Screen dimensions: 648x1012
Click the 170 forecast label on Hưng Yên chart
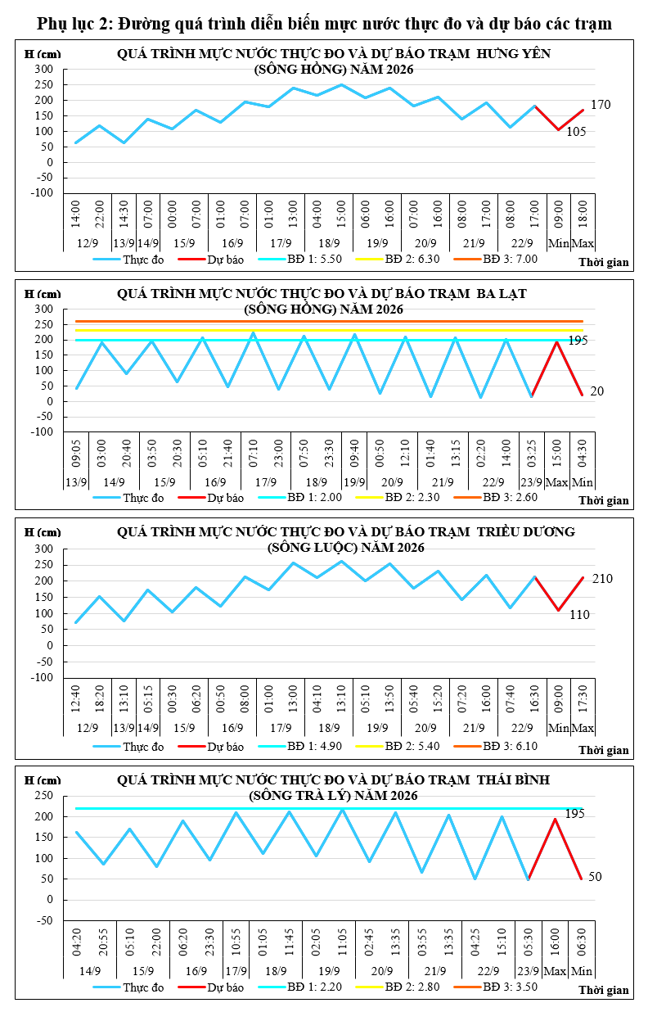[601, 105]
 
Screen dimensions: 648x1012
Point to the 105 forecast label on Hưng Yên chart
[576, 132]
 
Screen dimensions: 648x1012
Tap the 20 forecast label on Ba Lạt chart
[597, 391]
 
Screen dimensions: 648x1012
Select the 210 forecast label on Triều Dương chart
[602, 579]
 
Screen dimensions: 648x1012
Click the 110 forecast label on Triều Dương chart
[579, 614]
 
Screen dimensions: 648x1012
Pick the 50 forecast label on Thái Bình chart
[595, 876]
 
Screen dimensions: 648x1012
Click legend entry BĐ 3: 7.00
[496, 259]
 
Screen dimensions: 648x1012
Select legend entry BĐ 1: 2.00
[300, 498]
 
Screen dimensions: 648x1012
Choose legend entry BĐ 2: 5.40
[398, 746]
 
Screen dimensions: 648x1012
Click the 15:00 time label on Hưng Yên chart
[341, 215]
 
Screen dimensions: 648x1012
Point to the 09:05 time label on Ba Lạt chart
[76, 453]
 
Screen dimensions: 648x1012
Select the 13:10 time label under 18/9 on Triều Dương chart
[341, 698]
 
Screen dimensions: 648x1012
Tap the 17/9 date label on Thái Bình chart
[236, 971]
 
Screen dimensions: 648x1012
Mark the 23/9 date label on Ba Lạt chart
[532, 482]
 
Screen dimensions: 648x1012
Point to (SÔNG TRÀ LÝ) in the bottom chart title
[299, 796]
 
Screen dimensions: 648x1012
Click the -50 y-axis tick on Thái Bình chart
[44, 921]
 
